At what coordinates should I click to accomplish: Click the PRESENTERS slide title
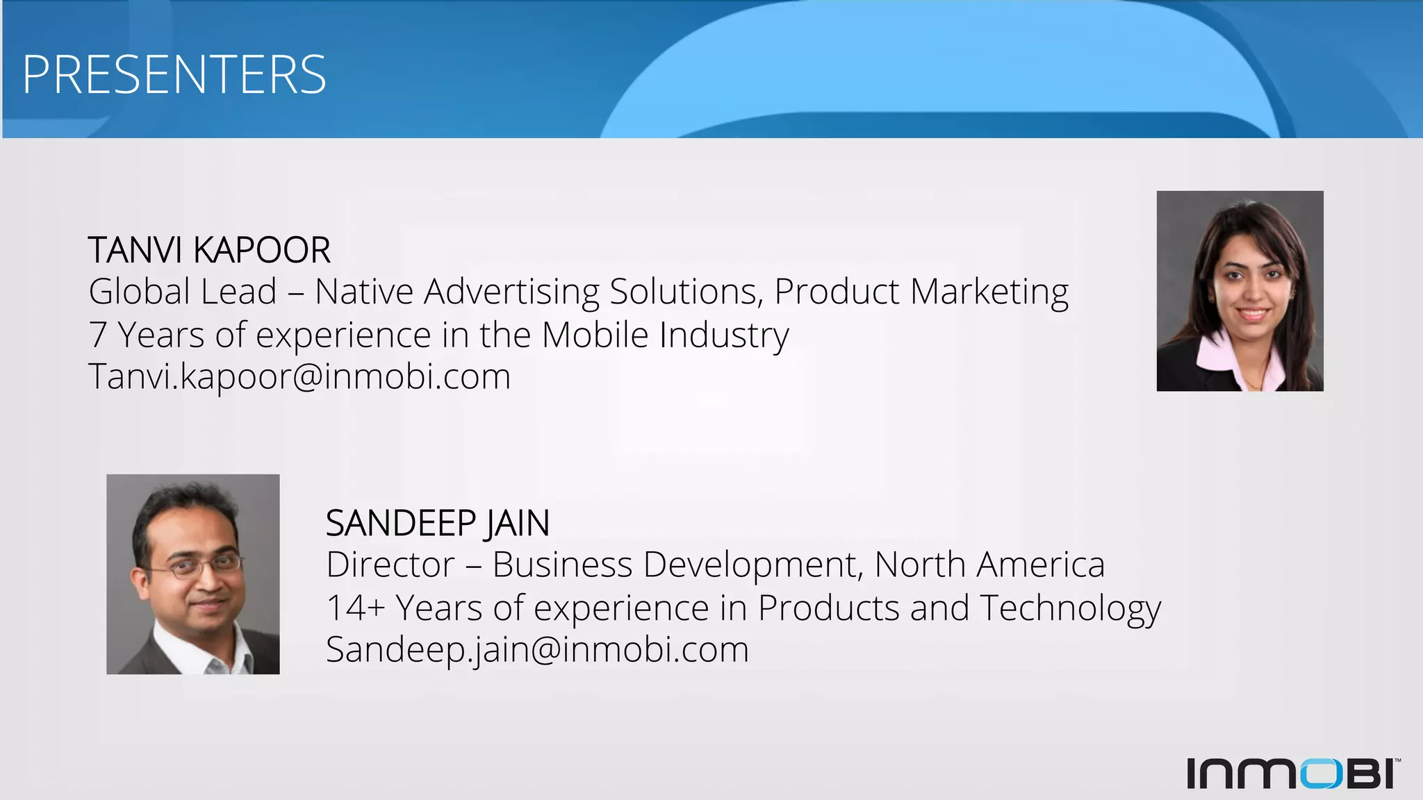pyautogui.click(x=174, y=74)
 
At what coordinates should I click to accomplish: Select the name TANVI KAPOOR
pyautogui.click(x=209, y=250)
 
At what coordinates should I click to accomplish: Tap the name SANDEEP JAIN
pyautogui.click(x=438, y=523)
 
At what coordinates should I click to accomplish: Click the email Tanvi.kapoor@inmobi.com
pyautogui.click(x=299, y=376)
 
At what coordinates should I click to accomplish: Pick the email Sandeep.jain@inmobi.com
pyautogui.click(x=537, y=649)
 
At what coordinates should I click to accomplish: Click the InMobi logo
pyautogui.click(x=1293, y=773)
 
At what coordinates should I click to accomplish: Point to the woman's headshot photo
pyautogui.click(x=1240, y=291)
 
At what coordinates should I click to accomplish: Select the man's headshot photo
pyautogui.click(x=193, y=574)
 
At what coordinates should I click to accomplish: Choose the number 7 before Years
pyautogui.click(x=98, y=335)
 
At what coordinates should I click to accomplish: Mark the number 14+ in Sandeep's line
pyautogui.click(x=355, y=608)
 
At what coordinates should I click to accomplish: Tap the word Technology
pyautogui.click(x=1070, y=608)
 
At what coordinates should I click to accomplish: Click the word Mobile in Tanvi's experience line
pyautogui.click(x=595, y=335)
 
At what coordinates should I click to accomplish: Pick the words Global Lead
pyautogui.click(x=183, y=292)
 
